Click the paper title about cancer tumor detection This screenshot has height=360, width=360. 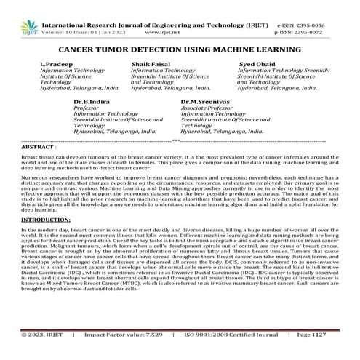179,49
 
